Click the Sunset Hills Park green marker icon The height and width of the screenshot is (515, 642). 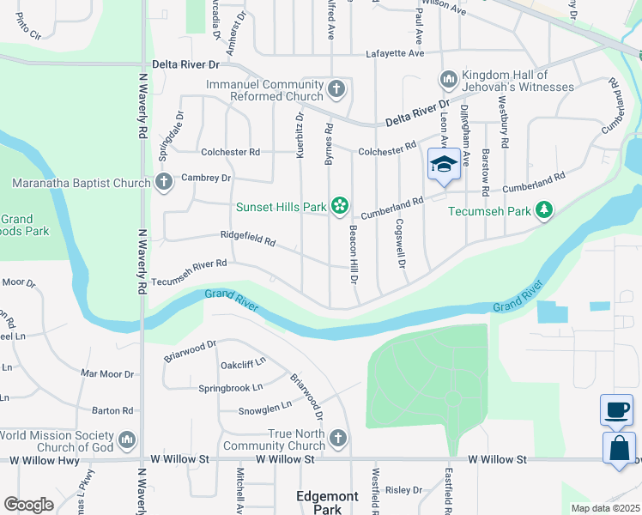point(340,205)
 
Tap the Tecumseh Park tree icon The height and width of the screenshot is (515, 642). point(543,209)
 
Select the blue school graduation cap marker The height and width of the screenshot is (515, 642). point(444,164)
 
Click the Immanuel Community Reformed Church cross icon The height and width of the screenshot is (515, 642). point(337,88)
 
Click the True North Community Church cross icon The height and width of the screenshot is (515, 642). point(338,439)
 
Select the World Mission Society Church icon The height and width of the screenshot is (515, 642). point(127,440)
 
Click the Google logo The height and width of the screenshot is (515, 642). point(28,505)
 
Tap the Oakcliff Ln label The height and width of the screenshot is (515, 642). point(240,364)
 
